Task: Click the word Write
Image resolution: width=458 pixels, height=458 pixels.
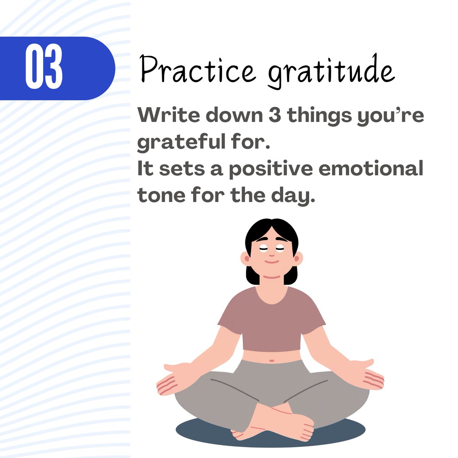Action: (x=168, y=115)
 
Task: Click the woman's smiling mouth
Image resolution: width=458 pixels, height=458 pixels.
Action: (x=271, y=261)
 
